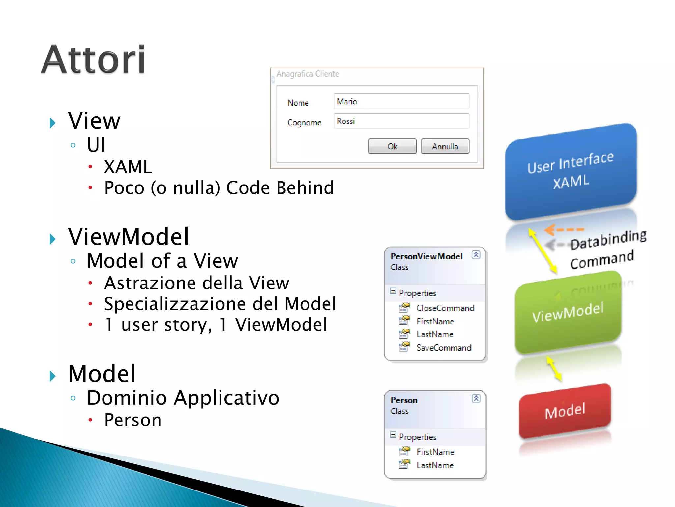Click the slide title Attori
coord(93,60)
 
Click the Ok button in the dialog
coord(392,146)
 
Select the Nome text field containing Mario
coord(401,101)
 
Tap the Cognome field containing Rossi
coord(401,121)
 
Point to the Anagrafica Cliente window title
coord(308,74)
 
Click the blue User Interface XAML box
coord(571,172)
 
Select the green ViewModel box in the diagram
coord(568,312)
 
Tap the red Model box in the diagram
coord(565,411)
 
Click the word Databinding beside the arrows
coord(608,239)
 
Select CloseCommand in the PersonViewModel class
coord(445,308)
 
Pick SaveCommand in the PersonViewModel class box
coord(444,348)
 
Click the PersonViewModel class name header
coord(426,256)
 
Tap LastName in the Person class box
coord(435,465)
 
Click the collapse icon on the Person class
coord(476,399)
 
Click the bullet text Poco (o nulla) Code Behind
coord(219,188)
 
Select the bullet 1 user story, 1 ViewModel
coord(216,324)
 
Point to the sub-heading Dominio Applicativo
coord(183,398)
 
